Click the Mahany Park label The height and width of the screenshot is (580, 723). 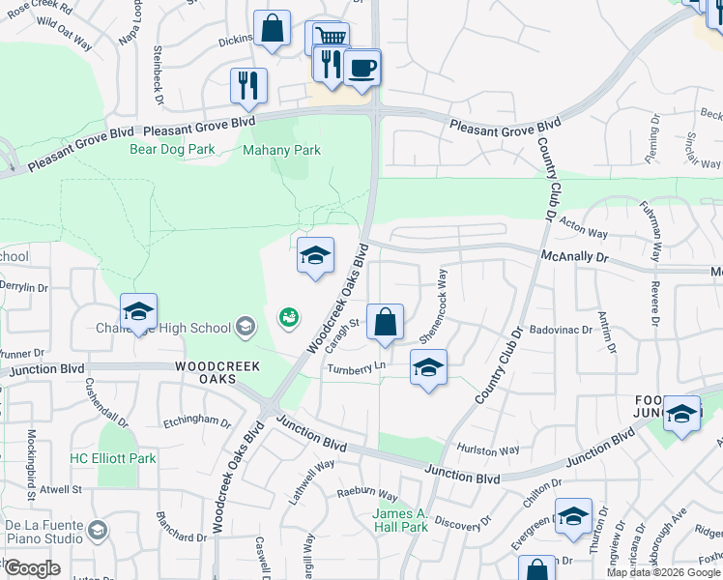coord(281,151)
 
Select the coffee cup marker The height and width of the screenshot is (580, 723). coord(362,68)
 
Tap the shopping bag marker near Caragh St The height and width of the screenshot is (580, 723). coord(385,323)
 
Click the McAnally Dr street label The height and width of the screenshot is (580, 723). coord(574,258)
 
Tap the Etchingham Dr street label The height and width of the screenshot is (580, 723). coord(197,423)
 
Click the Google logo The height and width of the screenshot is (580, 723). coord(32,568)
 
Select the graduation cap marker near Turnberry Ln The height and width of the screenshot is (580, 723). coord(428,366)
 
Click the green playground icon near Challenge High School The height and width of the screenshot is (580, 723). coord(288,316)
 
